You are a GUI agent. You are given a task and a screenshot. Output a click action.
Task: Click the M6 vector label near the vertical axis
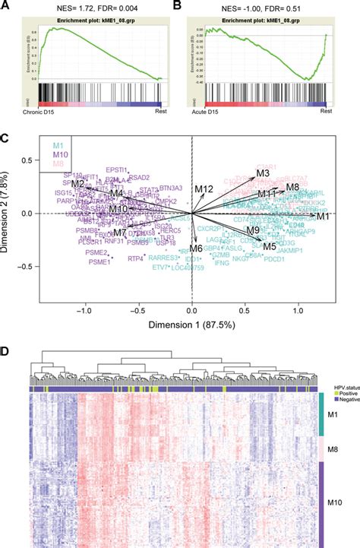pyautogui.click(x=196, y=249)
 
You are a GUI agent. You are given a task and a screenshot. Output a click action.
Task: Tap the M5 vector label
pyautogui.click(x=269, y=245)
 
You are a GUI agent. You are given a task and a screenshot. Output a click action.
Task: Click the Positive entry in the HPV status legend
pyautogui.click(x=336, y=384)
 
